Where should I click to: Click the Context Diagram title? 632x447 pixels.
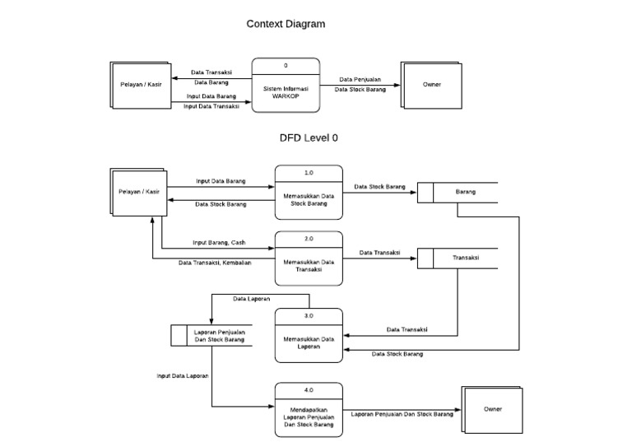(x=286, y=24)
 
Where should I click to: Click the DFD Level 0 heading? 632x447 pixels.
(x=309, y=138)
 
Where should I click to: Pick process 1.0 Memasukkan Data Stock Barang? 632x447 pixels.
(x=309, y=193)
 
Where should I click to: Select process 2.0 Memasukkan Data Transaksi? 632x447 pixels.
(x=309, y=258)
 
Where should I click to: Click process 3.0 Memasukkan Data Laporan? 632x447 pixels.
(x=309, y=335)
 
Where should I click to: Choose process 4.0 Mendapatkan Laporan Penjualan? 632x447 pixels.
(x=309, y=409)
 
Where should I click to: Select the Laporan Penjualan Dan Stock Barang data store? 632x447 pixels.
(x=211, y=336)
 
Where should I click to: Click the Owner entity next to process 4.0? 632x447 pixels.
(x=492, y=409)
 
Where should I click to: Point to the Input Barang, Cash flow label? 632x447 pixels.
(x=219, y=243)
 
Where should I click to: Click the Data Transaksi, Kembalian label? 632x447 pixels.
(x=215, y=263)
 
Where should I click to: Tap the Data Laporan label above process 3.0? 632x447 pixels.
(x=252, y=299)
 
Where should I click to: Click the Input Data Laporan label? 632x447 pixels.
(x=183, y=375)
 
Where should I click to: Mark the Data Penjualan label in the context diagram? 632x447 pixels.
(x=360, y=79)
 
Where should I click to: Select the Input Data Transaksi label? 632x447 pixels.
(x=211, y=106)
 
